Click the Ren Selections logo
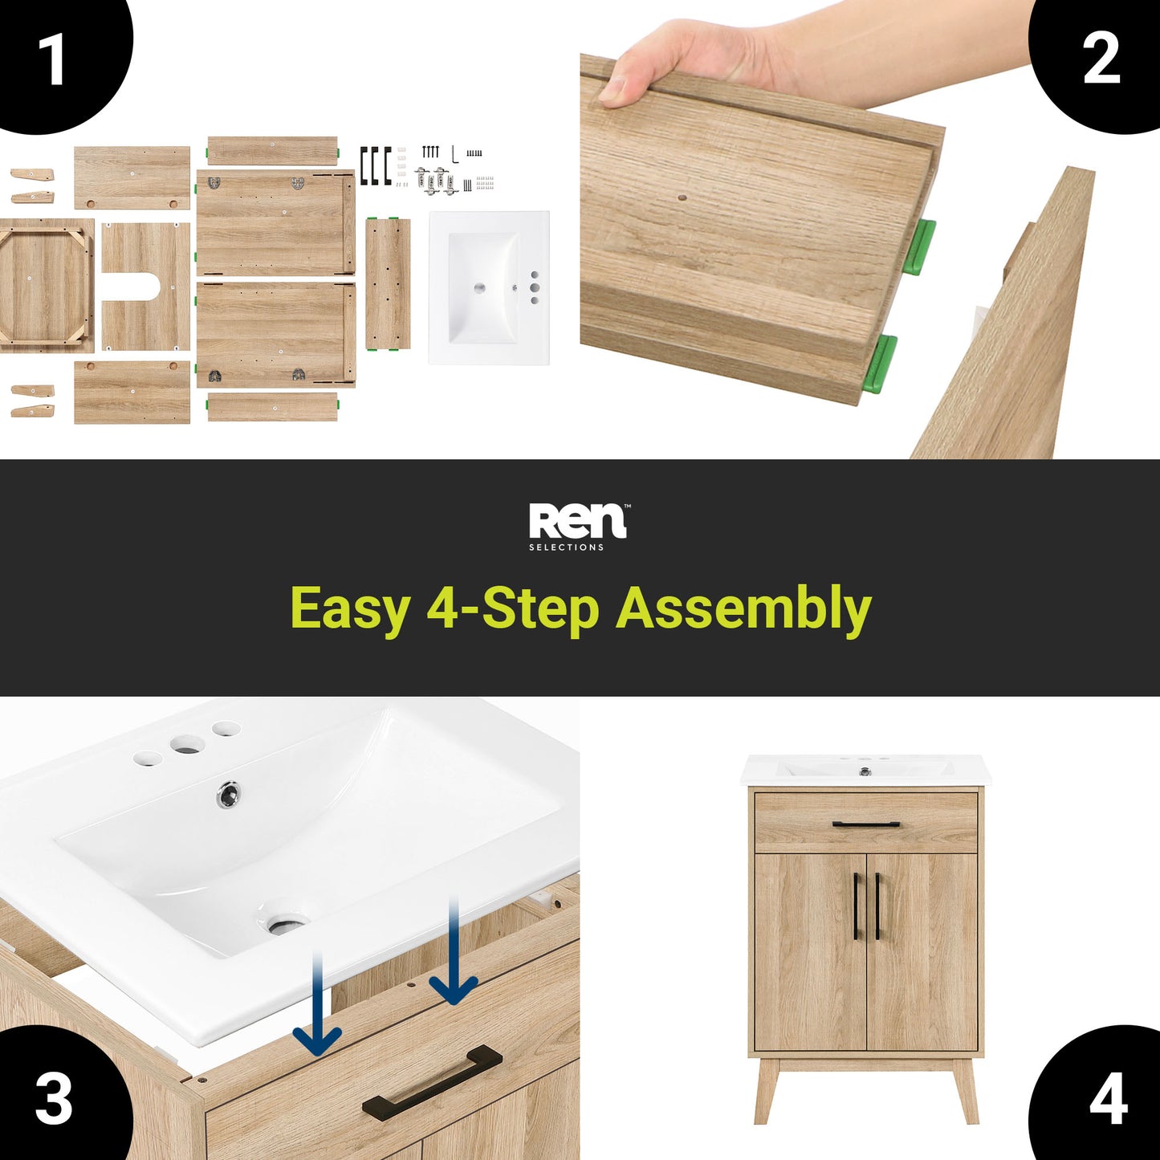tap(579, 527)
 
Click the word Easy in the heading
tap(350, 608)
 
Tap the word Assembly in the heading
tap(743, 608)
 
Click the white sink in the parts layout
tap(488, 287)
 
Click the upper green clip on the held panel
tap(918, 247)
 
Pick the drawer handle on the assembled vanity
tap(866, 824)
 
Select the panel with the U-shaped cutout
tap(145, 286)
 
